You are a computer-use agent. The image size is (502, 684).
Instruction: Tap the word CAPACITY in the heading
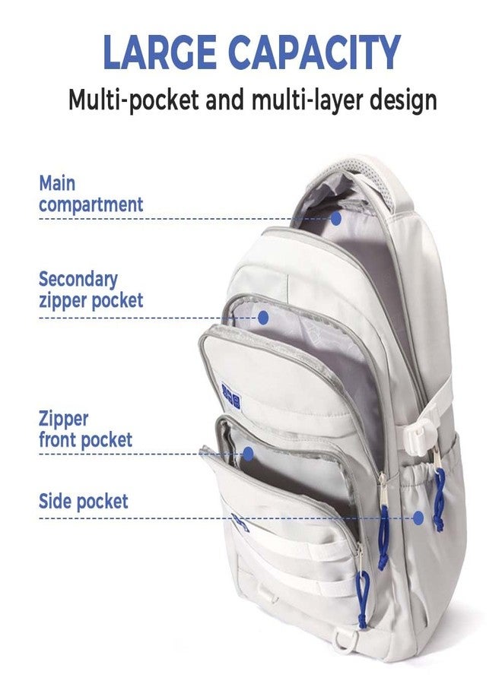(x=314, y=52)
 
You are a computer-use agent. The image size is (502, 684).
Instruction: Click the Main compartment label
(x=91, y=194)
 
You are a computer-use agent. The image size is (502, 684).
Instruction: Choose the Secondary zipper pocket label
(x=91, y=290)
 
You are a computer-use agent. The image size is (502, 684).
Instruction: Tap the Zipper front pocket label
(x=85, y=429)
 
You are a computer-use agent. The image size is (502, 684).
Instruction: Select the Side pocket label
(x=84, y=502)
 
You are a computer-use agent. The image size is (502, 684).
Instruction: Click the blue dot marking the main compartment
(x=335, y=218)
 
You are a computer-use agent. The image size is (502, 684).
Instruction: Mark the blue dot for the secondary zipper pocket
(x=262, y=318)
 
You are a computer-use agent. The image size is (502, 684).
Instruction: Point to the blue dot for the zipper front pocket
(x=248, y=454)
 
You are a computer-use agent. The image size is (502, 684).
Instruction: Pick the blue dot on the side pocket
(x=418, y=518)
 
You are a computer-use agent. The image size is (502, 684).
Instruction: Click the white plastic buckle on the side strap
(x=418, y=434)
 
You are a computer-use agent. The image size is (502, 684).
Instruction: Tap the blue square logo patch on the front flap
(x=231, y=396)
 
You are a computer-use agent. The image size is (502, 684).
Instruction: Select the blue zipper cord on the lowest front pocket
(x=362, y=599)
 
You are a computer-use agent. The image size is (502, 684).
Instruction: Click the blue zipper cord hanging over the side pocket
(x=439, y=500)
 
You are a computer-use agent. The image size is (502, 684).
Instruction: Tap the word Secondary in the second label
(x=78, y=280)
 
